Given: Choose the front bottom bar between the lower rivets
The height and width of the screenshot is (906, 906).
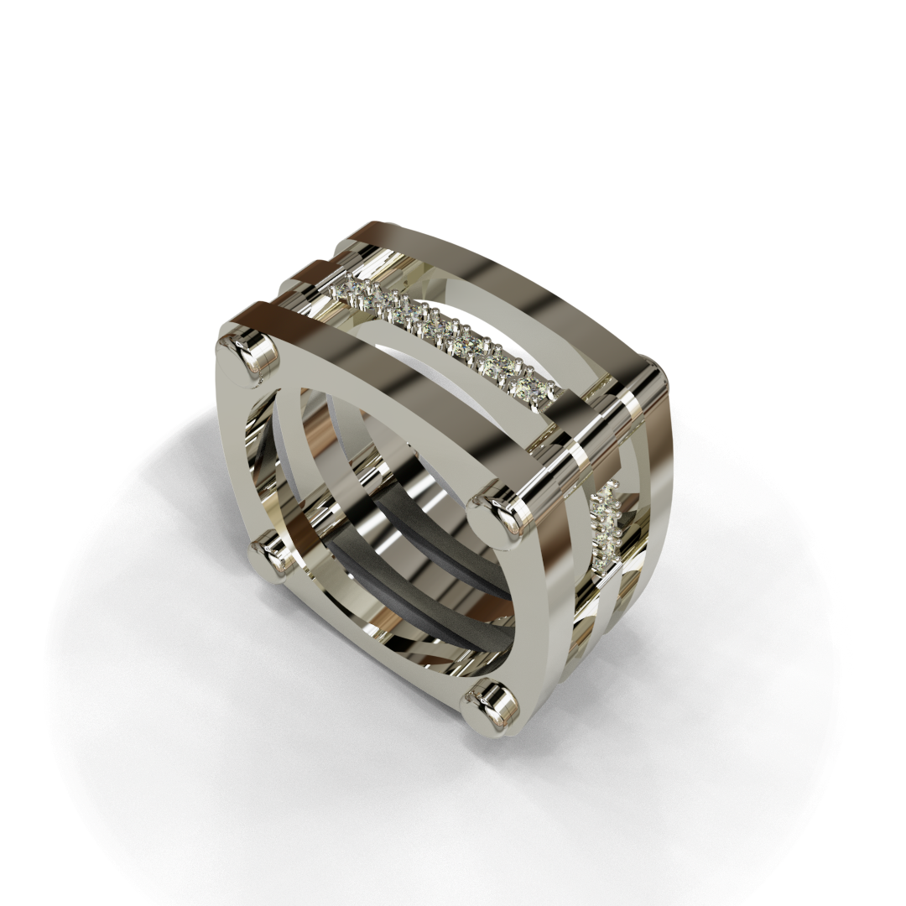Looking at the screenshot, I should tap(377, 638).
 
